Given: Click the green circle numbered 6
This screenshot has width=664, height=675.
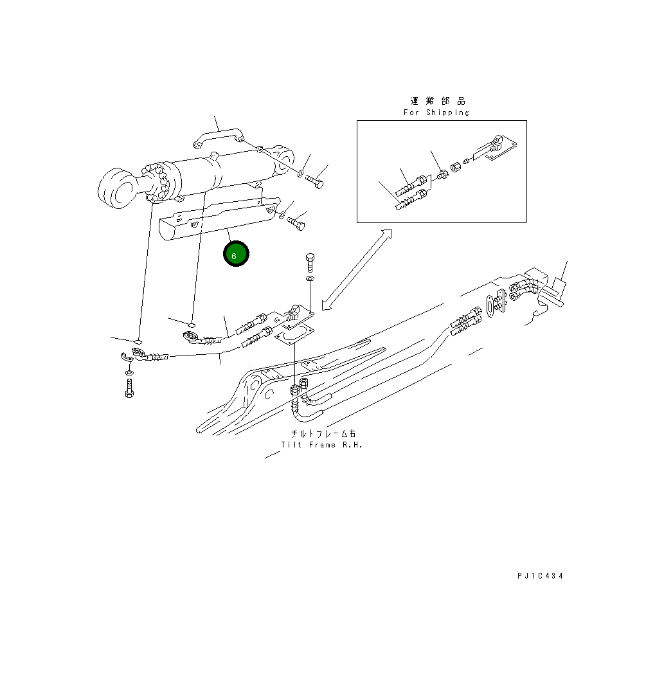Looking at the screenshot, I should tap(235, 255).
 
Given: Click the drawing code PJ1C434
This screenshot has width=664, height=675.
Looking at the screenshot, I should tap(540, 576).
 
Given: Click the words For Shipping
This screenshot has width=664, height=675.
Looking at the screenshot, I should tap(436, 113).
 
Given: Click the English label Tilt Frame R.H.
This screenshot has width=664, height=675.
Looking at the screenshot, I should tap(321, 445).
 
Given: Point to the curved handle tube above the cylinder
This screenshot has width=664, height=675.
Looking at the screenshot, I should tap(219, 136).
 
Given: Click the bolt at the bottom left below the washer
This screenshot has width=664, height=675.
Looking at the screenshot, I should tap(130, 388).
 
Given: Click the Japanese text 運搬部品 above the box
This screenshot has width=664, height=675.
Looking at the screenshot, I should tap(438, 101).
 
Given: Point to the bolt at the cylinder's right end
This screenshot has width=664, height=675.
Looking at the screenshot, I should tap(315, 179).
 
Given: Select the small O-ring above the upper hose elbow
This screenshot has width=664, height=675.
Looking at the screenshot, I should tap(192, 323).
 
